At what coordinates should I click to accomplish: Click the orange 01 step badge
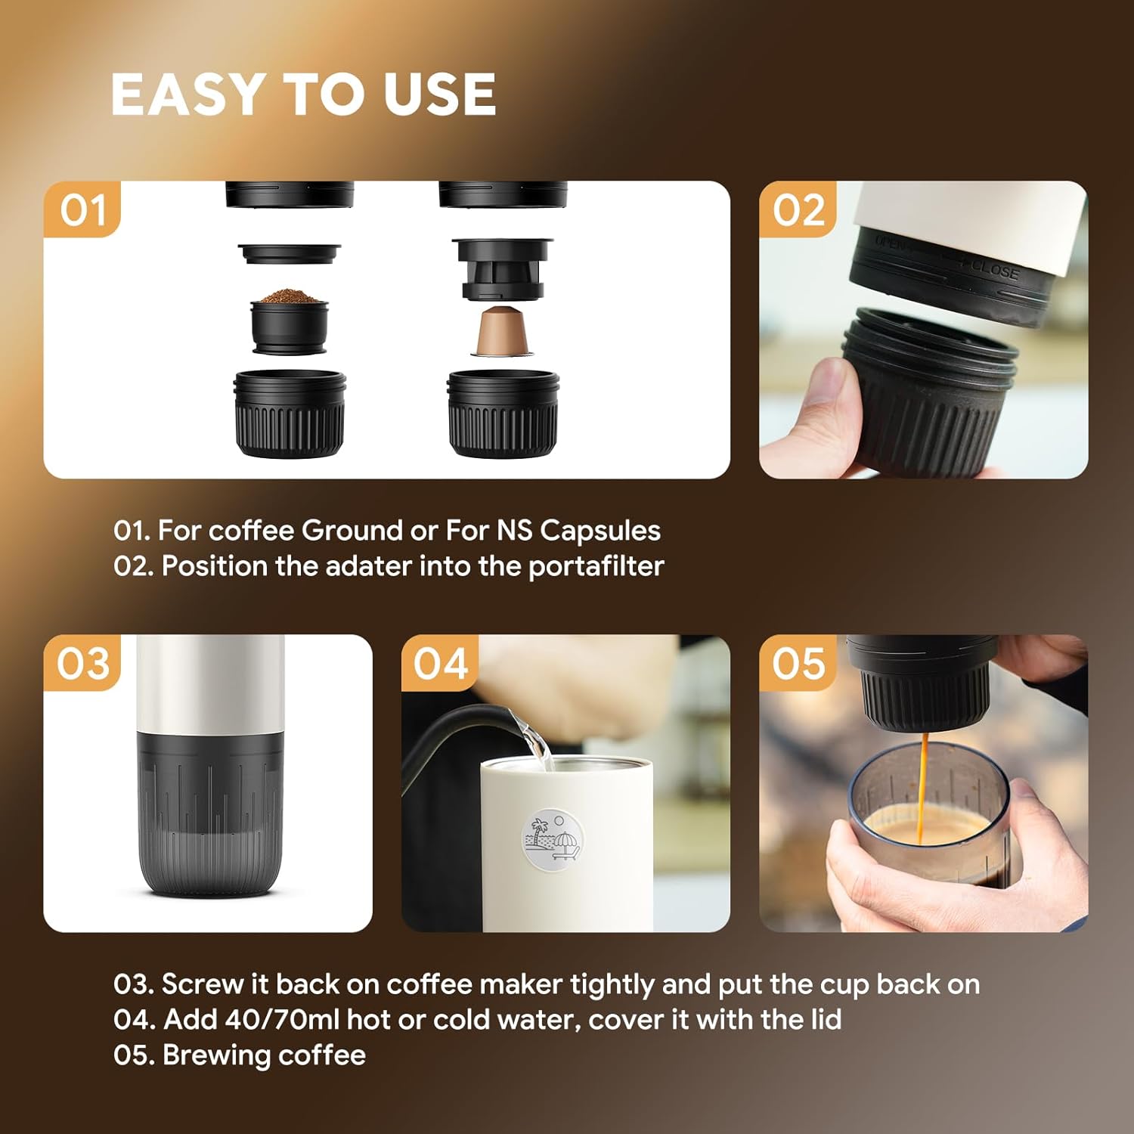click(x=82, y=209)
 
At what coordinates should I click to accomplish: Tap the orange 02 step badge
click(x=798, y=209)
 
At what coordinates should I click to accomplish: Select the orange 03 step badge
click(x=82, y=663)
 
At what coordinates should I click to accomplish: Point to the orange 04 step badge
click(x=440, y=663)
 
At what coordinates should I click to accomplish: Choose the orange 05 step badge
click(x=798, y=663)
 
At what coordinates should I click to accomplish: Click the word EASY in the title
click(x=186, y=94)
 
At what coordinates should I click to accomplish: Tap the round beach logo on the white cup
click(x=554, y=837)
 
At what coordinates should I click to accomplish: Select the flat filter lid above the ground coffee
click(x=290, y=252)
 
